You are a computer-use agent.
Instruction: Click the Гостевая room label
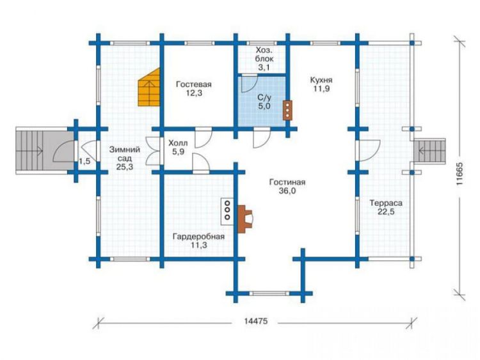point(193,84)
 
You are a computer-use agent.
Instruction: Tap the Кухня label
point(321,80)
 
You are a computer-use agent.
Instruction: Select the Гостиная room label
point(287,182)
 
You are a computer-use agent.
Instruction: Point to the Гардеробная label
point(198,237)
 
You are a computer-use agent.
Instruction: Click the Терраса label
point(386,203)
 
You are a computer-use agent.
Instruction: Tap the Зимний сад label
point(125,154)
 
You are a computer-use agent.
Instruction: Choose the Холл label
point(178,143)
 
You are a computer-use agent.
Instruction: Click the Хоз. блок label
point(264,54)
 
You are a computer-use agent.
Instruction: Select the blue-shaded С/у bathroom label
point(264,98)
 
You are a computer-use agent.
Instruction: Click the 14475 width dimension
point(256,321)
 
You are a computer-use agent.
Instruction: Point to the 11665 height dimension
point(459,173)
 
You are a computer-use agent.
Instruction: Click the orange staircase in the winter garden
point(149,87)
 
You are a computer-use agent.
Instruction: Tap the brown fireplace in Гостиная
point(244,219)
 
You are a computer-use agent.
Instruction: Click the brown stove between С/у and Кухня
point(287,110)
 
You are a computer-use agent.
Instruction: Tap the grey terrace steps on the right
point(429,151)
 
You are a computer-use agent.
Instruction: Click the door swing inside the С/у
point(249,83)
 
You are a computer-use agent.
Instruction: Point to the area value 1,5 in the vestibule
point(84,161)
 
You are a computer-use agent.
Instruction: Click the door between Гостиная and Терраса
point(367,150)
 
